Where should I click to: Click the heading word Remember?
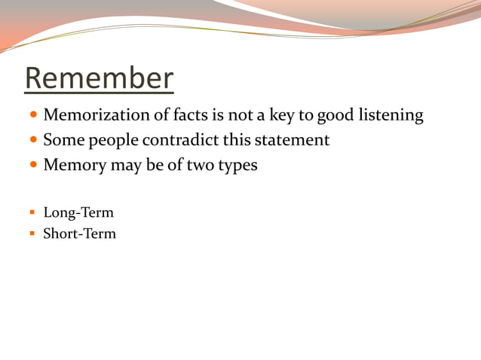(x=99, y=79)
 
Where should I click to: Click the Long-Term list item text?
(x=78, y=213)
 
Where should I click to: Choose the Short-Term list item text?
(x=79, y=233)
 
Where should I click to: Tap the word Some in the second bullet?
(x=64, y=140)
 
